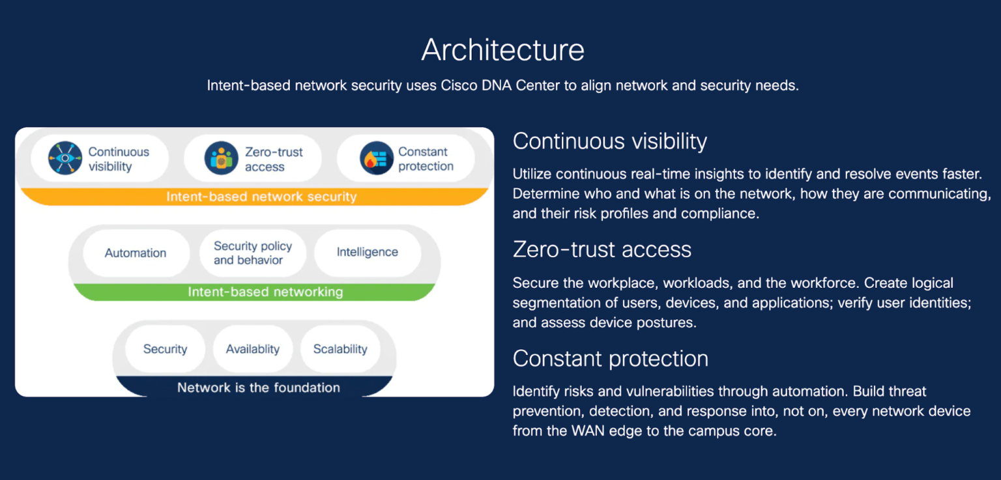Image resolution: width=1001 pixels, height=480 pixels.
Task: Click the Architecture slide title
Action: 502,50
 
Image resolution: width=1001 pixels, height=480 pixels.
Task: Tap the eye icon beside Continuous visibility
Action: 65,158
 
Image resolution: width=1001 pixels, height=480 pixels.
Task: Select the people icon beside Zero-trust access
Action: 222,158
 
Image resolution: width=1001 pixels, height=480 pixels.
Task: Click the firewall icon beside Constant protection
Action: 377,158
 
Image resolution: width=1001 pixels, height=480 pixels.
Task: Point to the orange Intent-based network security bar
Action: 261,197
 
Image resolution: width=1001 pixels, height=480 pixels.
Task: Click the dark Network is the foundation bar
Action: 258,388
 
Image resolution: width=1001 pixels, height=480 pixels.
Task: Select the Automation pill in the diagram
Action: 136,253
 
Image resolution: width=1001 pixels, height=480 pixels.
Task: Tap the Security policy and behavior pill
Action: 253,253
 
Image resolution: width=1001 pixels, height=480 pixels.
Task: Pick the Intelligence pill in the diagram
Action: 367,252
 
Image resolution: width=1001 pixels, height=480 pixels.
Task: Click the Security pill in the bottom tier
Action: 165,349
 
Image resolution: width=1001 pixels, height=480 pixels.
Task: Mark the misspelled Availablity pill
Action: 252,349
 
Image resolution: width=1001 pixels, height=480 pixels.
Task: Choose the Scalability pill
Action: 340,349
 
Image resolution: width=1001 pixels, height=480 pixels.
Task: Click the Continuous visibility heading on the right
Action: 609,141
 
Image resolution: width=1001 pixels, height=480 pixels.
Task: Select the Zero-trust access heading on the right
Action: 602,249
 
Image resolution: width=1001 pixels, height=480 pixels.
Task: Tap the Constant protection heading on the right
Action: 610,359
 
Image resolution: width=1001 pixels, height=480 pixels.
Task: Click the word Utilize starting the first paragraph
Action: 532,174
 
